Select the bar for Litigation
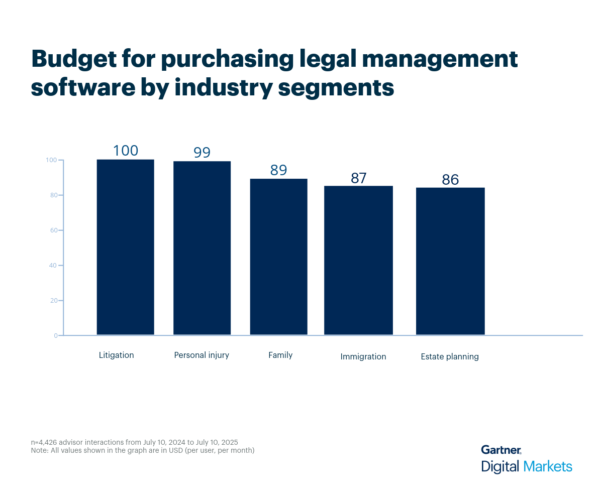point(125,247)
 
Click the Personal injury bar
point(202,248)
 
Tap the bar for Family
point(278,257)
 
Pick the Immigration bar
point(358,260)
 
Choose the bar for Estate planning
point(450,261)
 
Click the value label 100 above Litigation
point(125,151)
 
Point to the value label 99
point(202,153)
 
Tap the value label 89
point(278,170)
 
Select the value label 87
point(358,178)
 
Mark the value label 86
point(450,180)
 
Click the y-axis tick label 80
point(52,195)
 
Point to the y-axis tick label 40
point(52,266)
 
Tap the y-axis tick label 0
point(55,335)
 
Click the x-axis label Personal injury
point(202,355)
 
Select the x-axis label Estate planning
point(450,357)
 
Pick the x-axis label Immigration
point(363,357)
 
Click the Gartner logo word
point(501,450)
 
